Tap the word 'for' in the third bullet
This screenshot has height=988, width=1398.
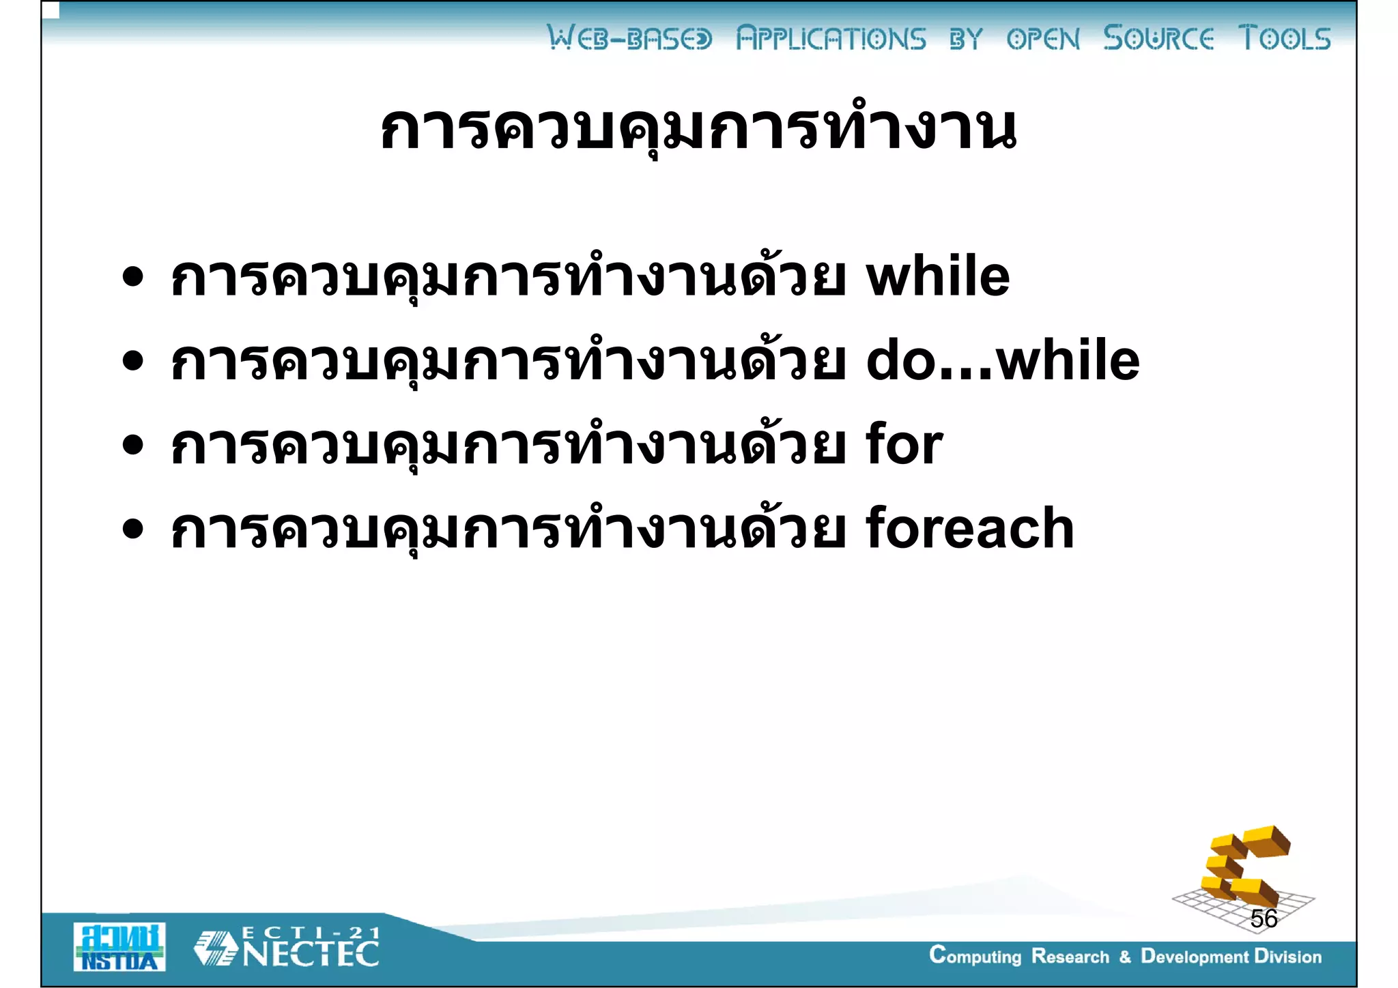click(x=904, y=445)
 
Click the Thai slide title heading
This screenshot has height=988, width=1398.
click(x=698, y=128)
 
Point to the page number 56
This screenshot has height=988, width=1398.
click(x=1264, y=918)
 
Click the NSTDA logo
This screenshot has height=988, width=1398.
click(x=119, y=946)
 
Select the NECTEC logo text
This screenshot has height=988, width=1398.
click(x=311, y=955)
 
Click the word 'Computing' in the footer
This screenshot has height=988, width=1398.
click(x=975, y=956)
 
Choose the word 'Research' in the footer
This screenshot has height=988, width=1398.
click(x=1070, y=956)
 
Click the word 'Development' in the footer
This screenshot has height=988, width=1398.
click(x=1195, y=956)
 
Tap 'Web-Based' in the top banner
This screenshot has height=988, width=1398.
click(x=629, y=38)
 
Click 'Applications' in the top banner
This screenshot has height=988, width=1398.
click(x=831, y=38)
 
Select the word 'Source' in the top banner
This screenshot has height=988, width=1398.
click(x=1158, y=38)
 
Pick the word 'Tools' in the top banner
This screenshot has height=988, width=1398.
click(x=1284, y=38)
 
